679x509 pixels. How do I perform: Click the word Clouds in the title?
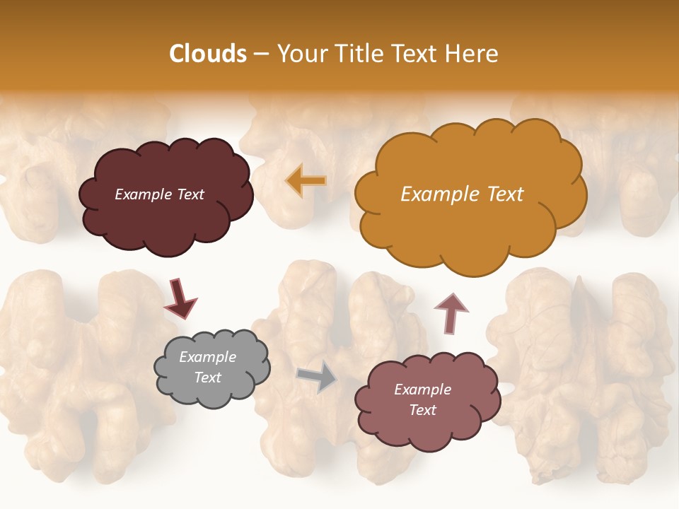[207, 54]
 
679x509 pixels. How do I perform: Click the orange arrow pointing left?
[306, 181]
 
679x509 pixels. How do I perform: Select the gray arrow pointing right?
[316, 376]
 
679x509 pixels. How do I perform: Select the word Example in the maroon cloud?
[144, 194]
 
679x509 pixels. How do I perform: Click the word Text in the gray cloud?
[208, 378]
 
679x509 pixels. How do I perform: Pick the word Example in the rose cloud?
[422, 390]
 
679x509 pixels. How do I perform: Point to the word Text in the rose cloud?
[422, 410]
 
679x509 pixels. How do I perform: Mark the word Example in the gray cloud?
[208, 357]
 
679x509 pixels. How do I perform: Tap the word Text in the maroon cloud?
[190, 194]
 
